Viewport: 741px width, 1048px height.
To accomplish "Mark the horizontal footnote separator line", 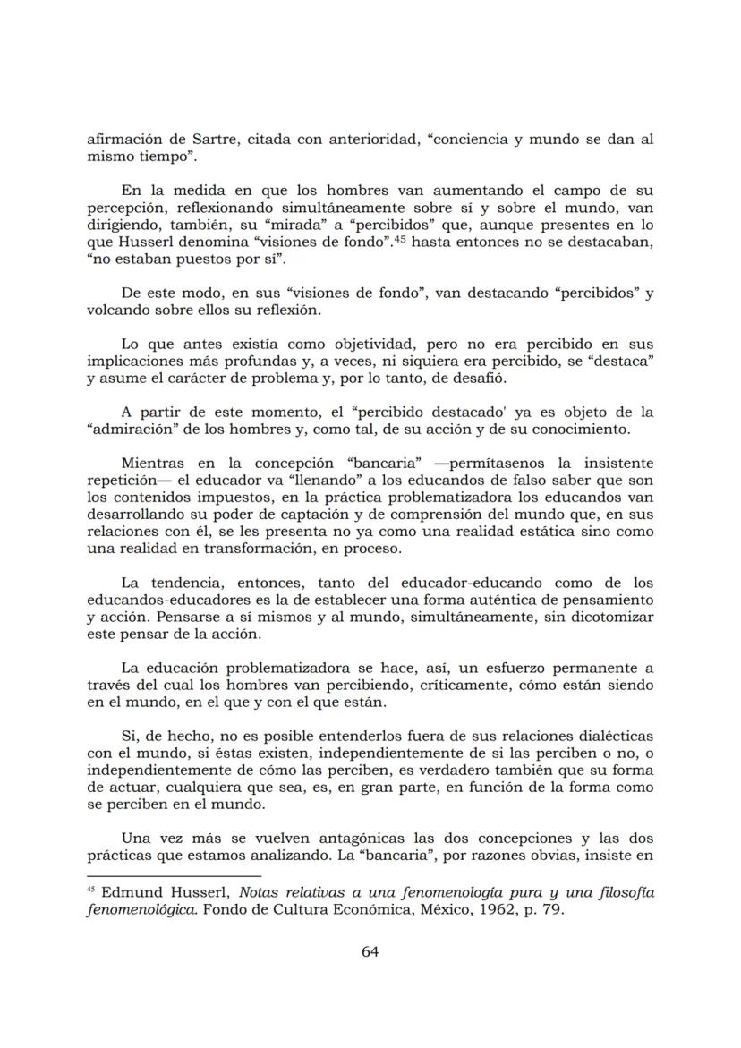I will tap(174, 876).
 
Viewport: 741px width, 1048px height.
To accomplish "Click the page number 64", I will tap(370, 951).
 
